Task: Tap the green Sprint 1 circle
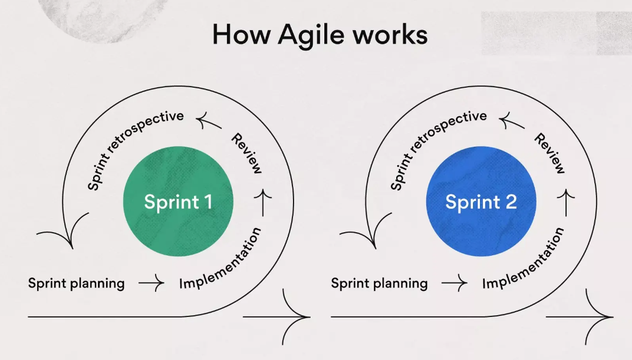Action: [178, 202]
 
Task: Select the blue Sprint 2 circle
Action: [481, 202]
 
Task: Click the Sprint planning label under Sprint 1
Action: [77, 283]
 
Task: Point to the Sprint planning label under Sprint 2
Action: [379, 283]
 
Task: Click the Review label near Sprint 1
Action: [246, 154]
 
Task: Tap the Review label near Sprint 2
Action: [549, 154]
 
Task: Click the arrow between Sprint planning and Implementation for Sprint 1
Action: [152, 283]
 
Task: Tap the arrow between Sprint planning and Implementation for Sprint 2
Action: [455, 283]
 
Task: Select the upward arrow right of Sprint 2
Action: [567, 202]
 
